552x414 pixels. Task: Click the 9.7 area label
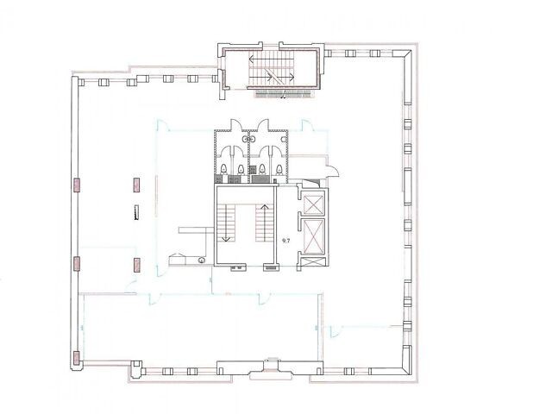285,241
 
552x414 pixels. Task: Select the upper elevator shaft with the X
313,204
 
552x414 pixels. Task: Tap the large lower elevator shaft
313,236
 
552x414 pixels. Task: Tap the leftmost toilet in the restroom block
224,169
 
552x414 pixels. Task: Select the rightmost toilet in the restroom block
279,169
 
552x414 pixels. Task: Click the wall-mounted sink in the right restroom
284,140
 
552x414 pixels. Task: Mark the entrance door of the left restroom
235,125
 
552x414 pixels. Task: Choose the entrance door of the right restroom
263,125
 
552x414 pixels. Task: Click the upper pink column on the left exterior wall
77,185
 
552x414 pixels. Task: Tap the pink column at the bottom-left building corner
77,358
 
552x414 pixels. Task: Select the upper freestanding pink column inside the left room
137,185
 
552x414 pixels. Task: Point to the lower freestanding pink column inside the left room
137,265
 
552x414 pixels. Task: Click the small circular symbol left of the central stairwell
201,260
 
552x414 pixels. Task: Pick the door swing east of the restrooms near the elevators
333,171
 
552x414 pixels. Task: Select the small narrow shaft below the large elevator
313,262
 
